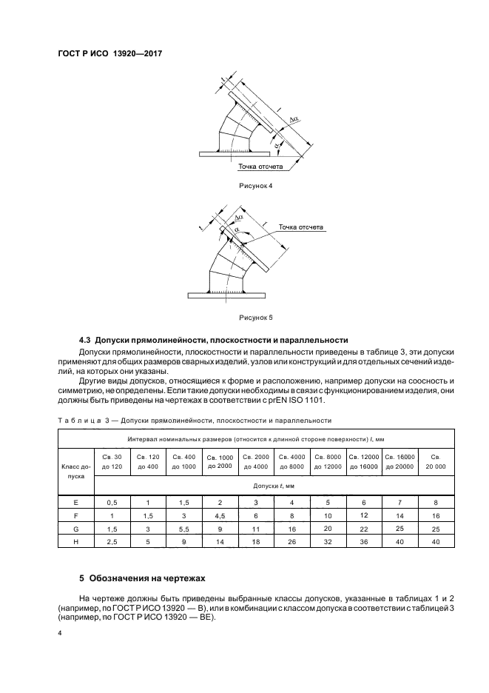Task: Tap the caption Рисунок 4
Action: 254,185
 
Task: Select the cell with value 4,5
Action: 220,515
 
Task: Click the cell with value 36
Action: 363,543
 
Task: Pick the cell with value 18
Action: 256,543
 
